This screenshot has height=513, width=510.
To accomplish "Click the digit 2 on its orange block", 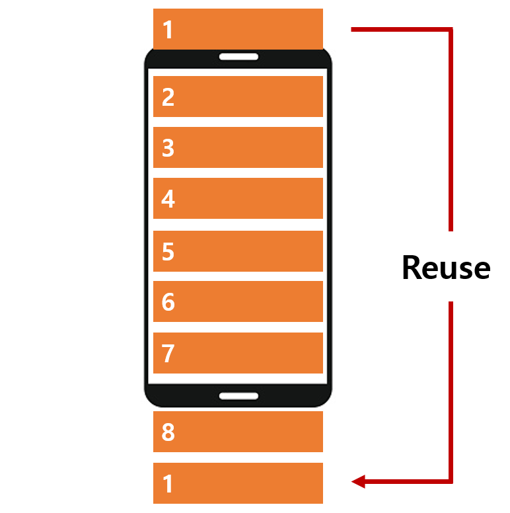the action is [168, 97].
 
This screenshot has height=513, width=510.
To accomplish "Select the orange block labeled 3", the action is [238, 147].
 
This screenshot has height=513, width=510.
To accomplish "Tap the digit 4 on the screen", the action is [168, 199].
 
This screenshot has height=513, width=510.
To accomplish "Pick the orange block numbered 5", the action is [238, 251].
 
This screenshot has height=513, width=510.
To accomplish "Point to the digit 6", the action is [168, 302].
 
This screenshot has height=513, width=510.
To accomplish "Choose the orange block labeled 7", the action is [238, 353].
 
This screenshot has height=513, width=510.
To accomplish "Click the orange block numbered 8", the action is [238, 432].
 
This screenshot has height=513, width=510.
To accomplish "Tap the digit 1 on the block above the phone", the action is [168, 30].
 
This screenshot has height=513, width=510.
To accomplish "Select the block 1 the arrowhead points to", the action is [238, 483].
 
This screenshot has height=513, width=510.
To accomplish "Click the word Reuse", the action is [446, 268].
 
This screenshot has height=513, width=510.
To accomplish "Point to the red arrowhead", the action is [358, 482].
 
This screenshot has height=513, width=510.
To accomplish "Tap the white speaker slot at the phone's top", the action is [238, 57].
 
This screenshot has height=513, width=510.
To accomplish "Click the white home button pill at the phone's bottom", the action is [238, 395].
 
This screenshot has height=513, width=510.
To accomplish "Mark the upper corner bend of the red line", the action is [451, 30].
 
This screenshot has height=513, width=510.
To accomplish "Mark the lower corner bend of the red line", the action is [451, 481].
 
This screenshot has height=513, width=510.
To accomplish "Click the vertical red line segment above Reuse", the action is [451, 132].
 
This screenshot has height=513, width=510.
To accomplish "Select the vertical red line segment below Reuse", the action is [451, 390].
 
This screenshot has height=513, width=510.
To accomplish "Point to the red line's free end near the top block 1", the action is [353, 30].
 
